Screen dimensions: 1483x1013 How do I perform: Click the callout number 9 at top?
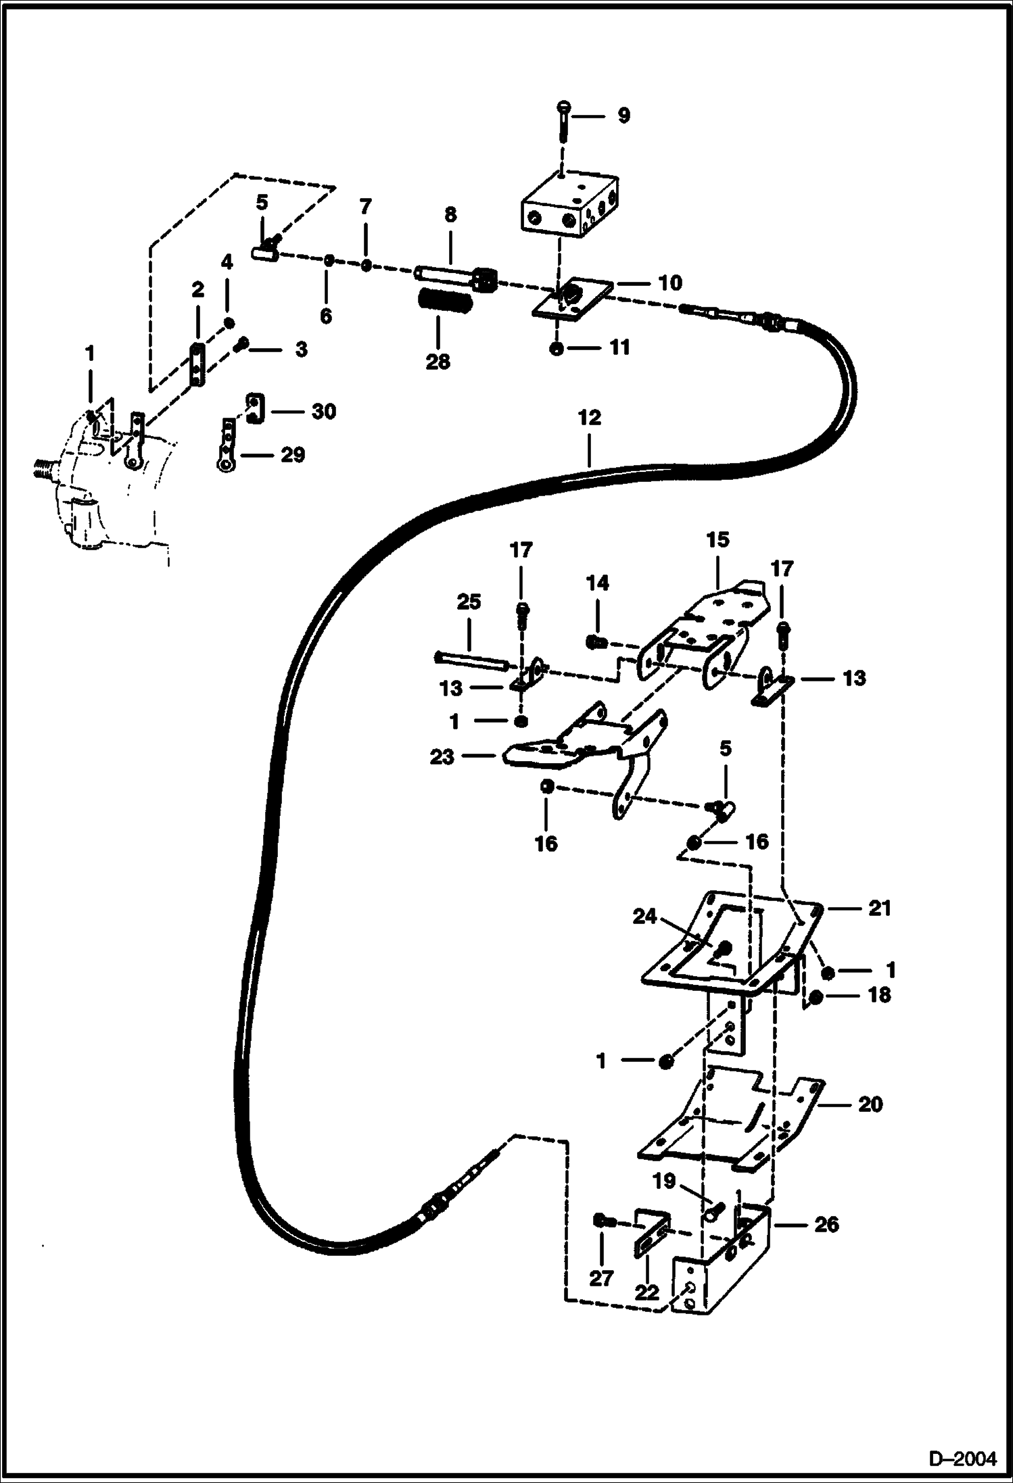click(x=623, y=116)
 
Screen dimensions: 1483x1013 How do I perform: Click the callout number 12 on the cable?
click(x=589, y=418)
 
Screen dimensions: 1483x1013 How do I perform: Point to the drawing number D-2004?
click(x=962, y=1458)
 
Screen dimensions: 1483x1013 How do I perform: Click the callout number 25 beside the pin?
click(x=469, y=602)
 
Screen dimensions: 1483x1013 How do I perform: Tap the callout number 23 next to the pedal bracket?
click(x=442, y=757)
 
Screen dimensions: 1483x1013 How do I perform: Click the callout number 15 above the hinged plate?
click(x=718, y=539)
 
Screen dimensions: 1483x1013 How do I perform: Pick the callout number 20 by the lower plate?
click(x=870, y=1104)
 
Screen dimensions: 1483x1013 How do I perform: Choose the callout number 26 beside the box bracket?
click(x=826, y=1224)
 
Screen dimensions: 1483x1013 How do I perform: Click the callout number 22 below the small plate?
click(x=647, y=1292)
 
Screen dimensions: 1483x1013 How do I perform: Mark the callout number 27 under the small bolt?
click(x=601, y=1278)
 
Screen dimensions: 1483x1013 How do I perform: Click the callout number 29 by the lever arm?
click(x=292, y=455)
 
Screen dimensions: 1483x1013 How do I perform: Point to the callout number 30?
click(x=324, y=411)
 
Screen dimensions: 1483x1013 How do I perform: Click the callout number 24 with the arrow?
click(x=645, y=917)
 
